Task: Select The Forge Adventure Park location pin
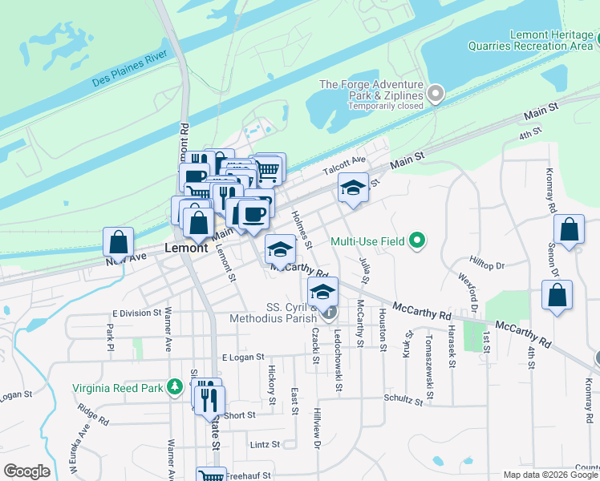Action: [x=436, y=95]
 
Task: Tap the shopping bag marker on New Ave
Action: [x=119, y=242]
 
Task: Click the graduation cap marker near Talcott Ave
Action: [x=353, y=188]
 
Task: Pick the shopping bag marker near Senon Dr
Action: [x=557, y=295]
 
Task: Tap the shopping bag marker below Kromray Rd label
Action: [x=569, y=230]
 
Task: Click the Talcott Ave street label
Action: [x=343, y=165]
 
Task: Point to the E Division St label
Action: [x=137, y=313]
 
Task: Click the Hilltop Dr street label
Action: [x=488, y=265]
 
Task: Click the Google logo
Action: [x=26, y=471]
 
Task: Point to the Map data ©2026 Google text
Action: [x=550, y=475]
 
